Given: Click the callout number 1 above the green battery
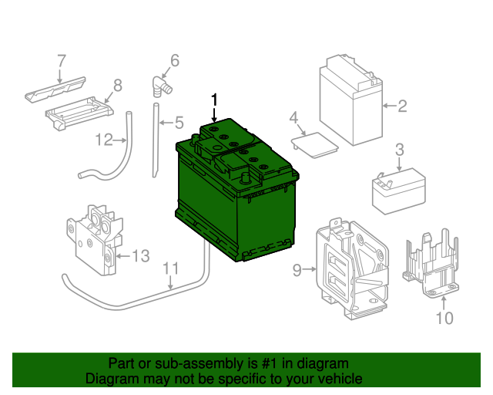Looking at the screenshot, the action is pos(214,100).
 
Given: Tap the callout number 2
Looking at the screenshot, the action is pos(402,106).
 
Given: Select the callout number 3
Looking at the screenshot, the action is pos(399,150).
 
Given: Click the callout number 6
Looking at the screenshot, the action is pos(175,60).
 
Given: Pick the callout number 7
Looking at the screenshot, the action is pos(62,61).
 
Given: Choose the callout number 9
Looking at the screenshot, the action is pos(297,270).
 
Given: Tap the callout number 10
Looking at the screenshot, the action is pos(444,318).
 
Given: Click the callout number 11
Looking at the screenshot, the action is pos(171,268).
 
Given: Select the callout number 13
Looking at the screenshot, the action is pos(141,256).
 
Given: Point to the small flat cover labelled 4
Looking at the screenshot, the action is pos(315,145).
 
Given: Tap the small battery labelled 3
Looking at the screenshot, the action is pos(399,191).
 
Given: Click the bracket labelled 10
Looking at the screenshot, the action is pos(431,264).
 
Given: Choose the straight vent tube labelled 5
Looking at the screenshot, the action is pos(156,140).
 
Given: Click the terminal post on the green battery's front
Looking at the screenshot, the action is pos(245,178).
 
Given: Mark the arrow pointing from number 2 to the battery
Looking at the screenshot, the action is pos(390,106).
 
